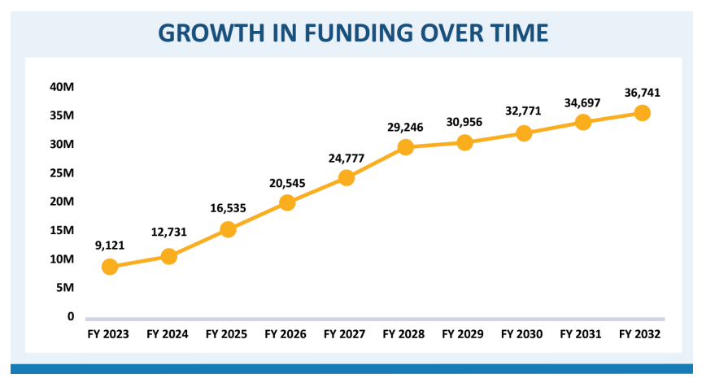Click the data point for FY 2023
[110, 267]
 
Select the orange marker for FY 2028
[405, 147]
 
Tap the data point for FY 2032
[642, 113]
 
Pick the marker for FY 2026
[287, 202]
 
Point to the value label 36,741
[642, 93]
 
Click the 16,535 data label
[228, 207]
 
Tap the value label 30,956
[464, 122]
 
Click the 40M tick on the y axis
[63, 87]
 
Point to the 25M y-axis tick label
[63, 173]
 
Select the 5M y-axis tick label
[65, 288]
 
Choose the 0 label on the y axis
[71, 316]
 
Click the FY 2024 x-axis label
[168, 334]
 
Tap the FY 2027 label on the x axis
[346, 334]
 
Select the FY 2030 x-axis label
[523, 334]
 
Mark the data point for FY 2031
[583, 122]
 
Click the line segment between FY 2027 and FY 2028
[376, 163]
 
